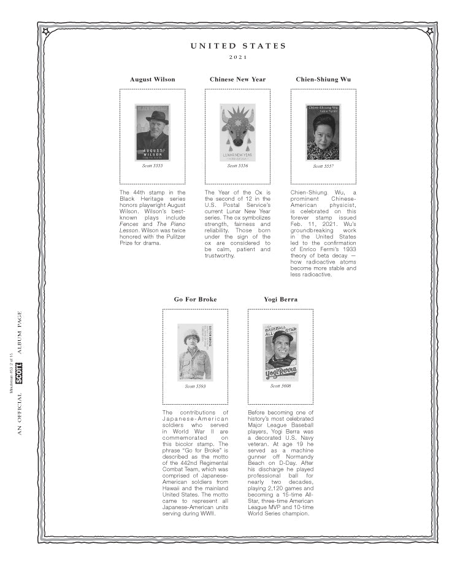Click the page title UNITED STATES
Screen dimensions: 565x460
(x=238, y=46)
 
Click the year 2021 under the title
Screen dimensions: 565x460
(x=238, y=58)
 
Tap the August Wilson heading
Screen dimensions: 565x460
(x=152, y=79)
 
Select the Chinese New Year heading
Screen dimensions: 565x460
(x=237, y=79)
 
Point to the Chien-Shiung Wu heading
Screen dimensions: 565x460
(x=323, y=79)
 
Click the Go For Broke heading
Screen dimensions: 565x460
(x=195, y=299)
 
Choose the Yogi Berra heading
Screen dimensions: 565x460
(x=280, y=299)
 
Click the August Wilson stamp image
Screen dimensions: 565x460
(x=152, y=132)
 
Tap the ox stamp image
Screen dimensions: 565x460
(x=237, y=132)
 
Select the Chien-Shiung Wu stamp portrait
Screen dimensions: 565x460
(x=323, y=132)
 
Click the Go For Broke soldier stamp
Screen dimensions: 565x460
(x=195, y=352)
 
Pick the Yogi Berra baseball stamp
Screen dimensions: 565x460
(x=280, y=352)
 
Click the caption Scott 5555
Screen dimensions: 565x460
(x=152, y=166)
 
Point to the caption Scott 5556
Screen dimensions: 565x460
(x=237, y=166)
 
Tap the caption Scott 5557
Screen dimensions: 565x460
(x=323, y=166)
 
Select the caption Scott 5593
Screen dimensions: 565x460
(x=195, y=386)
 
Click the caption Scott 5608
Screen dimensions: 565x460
(x=280, y=386)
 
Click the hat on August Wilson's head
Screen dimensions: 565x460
(x=156, y=115)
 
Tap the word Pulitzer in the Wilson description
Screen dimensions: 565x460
(x=169, y=237)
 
